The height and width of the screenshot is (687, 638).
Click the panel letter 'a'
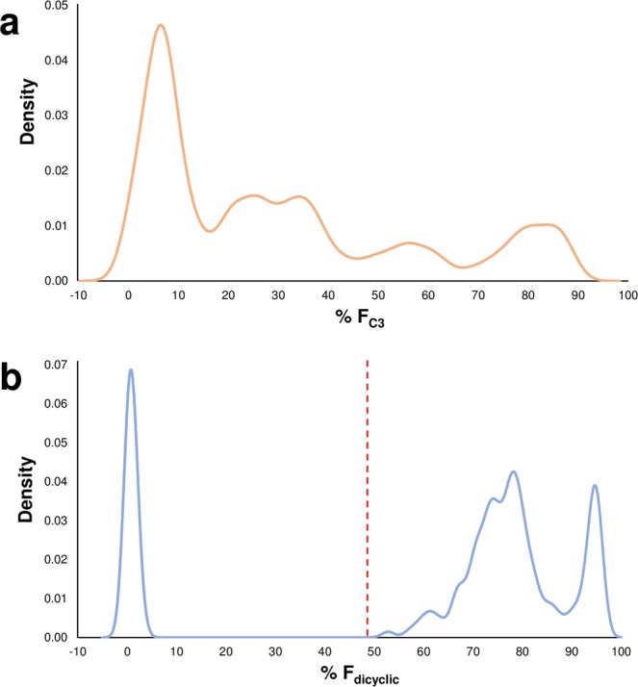(15, 21)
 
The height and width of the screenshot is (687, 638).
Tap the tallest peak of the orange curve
(161, 25)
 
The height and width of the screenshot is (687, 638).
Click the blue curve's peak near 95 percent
(596, 485)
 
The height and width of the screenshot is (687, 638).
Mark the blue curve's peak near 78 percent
(514, 471)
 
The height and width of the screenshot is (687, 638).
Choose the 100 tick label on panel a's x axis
(626, 294)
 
